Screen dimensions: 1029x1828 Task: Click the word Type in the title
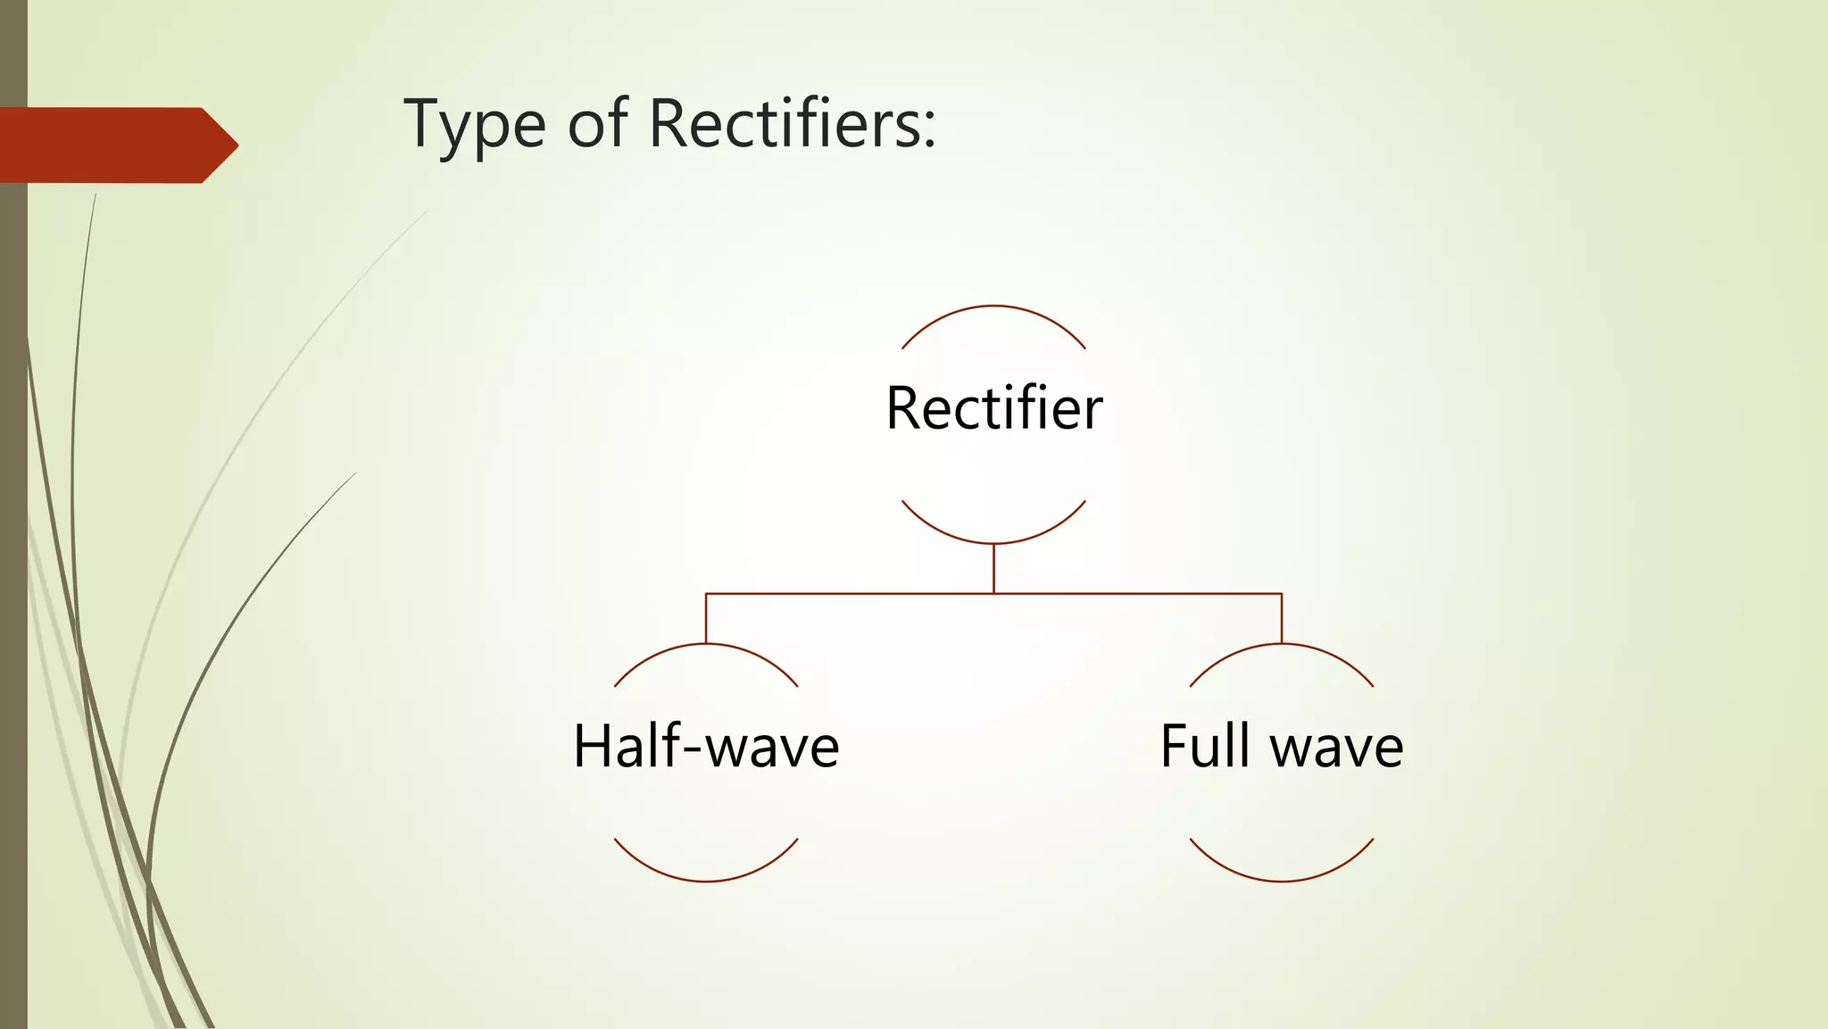point(474,124)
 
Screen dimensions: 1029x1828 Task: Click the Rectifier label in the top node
point(993,408)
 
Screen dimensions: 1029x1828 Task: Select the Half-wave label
point(706,747)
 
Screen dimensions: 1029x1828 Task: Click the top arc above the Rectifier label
point(993,306)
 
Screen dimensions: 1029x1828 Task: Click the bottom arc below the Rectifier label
point(993,542)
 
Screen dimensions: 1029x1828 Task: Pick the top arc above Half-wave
point(706,645)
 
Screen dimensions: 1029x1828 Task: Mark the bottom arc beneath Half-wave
point(706,881)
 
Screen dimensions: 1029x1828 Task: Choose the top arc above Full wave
point(1282,645)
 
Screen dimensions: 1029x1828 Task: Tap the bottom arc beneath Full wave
point(1282,881)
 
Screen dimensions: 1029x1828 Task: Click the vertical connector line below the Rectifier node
point(993,568)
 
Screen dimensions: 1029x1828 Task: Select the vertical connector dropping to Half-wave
point(706,618)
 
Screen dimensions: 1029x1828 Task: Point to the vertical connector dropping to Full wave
point(1282,618)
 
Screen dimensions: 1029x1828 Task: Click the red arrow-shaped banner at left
point(107,146)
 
